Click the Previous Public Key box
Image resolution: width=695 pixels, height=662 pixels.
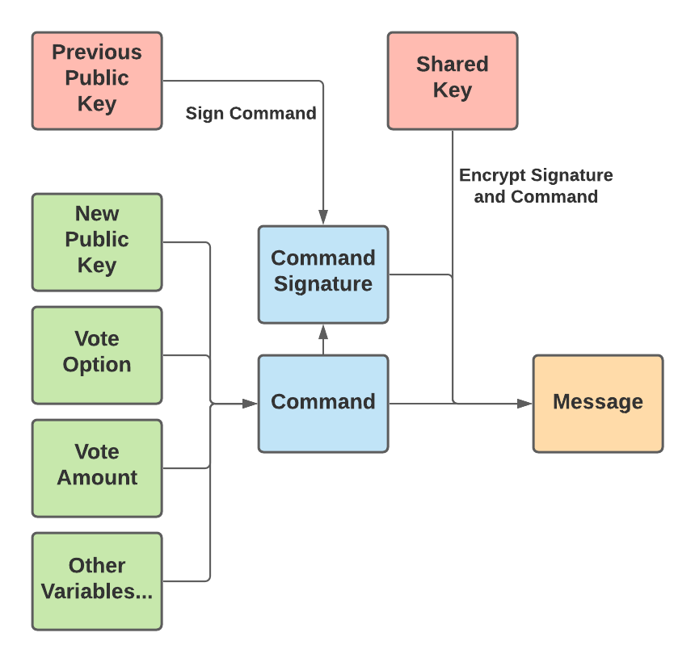[97, 81]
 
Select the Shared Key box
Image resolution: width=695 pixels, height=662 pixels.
[452, 81]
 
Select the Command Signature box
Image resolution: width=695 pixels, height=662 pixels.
[323, 274]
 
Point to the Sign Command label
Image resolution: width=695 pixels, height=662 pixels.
[251, 114]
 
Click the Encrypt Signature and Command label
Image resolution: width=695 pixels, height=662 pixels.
[536, 186]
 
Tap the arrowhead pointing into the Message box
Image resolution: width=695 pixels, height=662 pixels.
[526, 403]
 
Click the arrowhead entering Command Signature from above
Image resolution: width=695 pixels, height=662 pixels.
[323, 218]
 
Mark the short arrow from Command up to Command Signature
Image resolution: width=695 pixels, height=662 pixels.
[323, 339]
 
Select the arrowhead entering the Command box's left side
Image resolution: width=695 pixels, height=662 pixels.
[251, 403]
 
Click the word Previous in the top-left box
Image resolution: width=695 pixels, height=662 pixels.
[97, 53]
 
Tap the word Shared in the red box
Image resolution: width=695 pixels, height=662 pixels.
[452, 65]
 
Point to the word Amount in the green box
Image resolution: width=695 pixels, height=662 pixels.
[97, 478]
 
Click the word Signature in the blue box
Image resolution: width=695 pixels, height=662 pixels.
[323, 284]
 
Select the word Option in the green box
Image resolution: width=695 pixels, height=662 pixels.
[97, 365]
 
